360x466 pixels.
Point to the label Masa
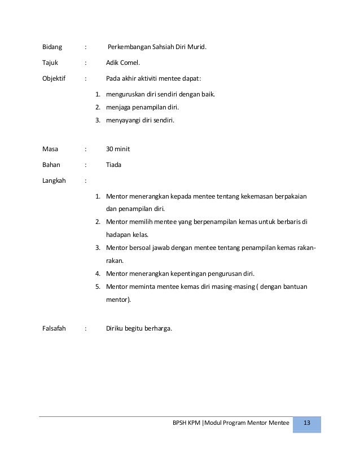51,150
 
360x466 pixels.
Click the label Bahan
52,165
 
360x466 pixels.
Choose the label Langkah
54,181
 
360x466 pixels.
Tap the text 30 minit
118,150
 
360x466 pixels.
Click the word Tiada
114,165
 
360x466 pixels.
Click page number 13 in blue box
307,423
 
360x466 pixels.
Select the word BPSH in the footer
180,423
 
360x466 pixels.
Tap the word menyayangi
122,120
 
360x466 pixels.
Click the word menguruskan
124,93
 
